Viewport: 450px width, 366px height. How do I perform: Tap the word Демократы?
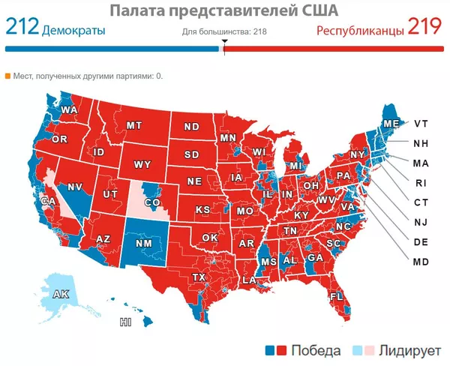[x=73, y=31]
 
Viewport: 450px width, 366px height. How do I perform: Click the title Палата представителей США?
[x=223, y=10]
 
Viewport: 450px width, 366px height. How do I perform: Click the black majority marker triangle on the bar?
[x=223, y=50]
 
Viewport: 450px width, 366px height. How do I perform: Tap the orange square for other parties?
[x=8, y=76]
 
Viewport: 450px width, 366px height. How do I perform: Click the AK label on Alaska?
[x=61, y=295]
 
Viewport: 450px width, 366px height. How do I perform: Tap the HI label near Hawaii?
[x=126, y=323]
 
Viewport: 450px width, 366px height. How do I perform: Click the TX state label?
[x=199, y=277]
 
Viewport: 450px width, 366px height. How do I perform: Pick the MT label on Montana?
[x=135, y=125]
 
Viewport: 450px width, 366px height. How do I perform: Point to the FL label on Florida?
[x=337, y=297]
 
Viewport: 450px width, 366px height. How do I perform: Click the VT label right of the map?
[x=421, y=124]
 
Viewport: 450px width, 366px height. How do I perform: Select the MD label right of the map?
[x=421, y=262]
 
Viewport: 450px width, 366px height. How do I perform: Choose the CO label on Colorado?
[x=152, y=202]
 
